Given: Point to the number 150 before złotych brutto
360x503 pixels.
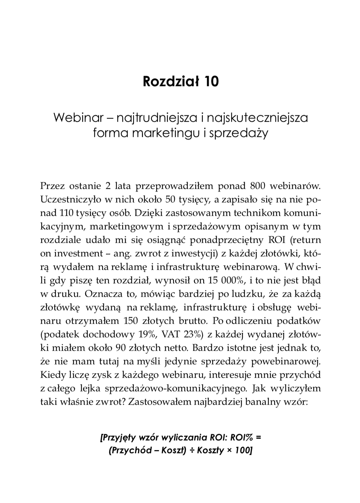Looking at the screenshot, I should point(130,321).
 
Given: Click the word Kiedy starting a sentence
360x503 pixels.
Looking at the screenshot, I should point(52,375).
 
